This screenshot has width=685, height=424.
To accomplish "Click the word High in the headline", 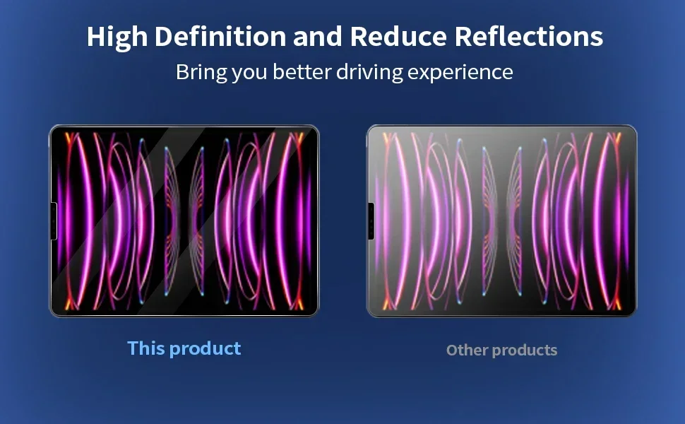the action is [117, 37].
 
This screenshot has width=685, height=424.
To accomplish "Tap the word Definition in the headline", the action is [220, 36].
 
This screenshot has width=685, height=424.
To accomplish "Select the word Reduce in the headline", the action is [398, 36].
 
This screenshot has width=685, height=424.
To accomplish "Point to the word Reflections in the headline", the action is [529, 36].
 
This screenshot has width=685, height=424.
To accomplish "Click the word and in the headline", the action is [318, 36].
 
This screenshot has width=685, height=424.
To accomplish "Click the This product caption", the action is [184, 349].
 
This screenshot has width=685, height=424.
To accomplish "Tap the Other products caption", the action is [501, 351].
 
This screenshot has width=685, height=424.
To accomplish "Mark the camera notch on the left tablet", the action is [54, 221].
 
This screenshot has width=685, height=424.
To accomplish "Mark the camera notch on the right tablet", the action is [371, 221].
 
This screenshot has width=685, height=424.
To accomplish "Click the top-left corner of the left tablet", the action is [50, 126].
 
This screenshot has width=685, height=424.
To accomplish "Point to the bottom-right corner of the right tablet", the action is [636, 316].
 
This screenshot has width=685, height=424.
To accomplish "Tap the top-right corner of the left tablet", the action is [318, 126].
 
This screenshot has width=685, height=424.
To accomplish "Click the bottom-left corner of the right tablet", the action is [367, 316].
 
